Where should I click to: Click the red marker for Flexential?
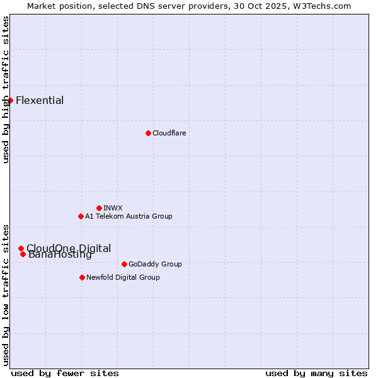(x=10, y=100)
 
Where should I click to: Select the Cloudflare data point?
(x=148, y=133)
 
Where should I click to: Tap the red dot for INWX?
(x=99, y=208)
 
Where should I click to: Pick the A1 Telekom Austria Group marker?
(x=81, y=216)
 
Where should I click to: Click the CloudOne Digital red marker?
(x=21, y=248)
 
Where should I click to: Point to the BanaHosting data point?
(x=23, y=254)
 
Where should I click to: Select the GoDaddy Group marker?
(x=124, y=264)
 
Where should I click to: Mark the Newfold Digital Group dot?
(x=82, y=277)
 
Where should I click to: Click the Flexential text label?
(x=40, y=100)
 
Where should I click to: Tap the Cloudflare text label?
(x=169, y=133)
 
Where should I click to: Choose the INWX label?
(x=113, y=208)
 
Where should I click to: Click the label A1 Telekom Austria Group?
(x=129, y=216)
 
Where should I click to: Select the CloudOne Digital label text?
(x=69, y=248)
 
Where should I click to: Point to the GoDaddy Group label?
(x=155, y=264)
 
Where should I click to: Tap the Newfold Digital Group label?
(x=123, y=277)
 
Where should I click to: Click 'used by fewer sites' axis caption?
(x=65, y=373)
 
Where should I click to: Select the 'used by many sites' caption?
(x=316, y=373)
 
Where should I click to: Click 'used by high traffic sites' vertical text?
(x=6, y=89)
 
